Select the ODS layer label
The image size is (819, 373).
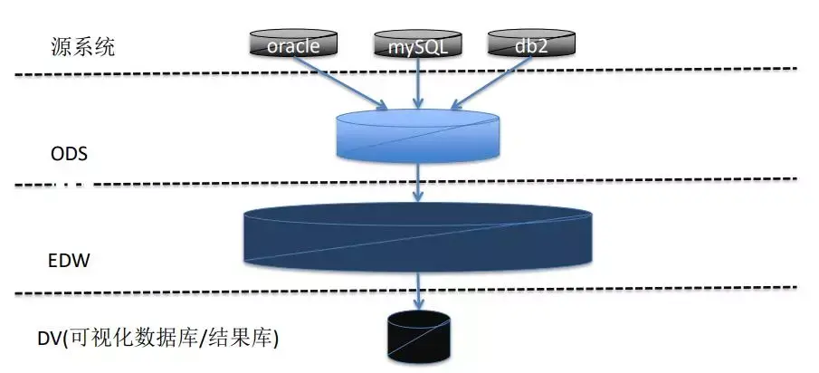[x=69, y=153]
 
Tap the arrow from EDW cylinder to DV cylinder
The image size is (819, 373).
[x=418, y=292]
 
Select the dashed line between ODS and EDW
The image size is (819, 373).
[x=633, y=181]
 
